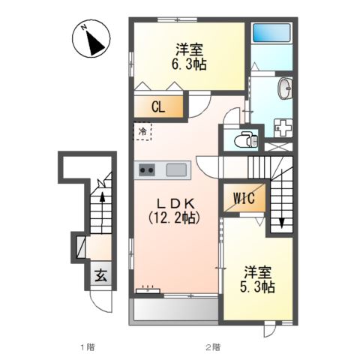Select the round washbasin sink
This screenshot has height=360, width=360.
(286, 89)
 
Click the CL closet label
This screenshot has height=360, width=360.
(157, 106)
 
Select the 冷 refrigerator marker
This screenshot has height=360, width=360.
(142, 130)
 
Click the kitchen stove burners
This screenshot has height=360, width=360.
(146, 169)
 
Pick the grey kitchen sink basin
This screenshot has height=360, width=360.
(178, 169)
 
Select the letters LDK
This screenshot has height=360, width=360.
(176, 202)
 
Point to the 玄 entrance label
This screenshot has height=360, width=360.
(100, 274)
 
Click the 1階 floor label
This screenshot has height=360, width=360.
(87, 347)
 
